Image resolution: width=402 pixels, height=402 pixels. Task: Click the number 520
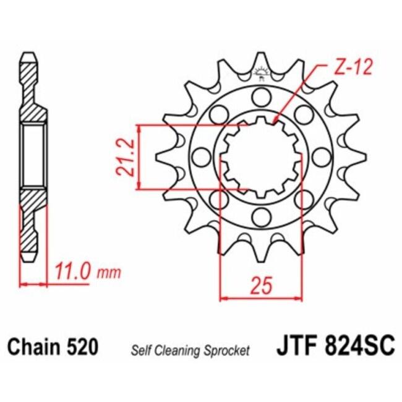pyautogui.click(x=82, y=347)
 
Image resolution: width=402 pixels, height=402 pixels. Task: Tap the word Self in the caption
pyautogui.click(x=140, y=351)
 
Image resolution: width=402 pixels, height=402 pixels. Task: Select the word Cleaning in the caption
pyautogui.click(x=177, y=351)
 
